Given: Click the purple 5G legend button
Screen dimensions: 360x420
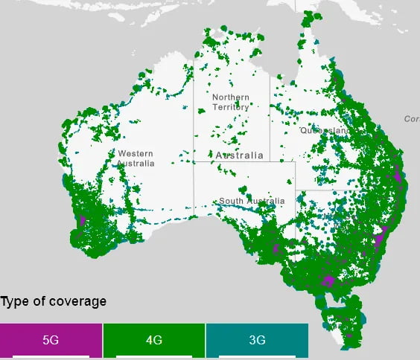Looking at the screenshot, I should coord(51,341).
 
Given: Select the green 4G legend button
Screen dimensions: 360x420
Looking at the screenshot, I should coord(154,341).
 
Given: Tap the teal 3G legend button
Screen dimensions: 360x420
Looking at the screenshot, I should coord(257,341).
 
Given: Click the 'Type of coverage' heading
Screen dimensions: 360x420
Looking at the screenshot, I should coord(54,301).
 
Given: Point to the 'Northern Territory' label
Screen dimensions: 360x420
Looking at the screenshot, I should coord(231,103).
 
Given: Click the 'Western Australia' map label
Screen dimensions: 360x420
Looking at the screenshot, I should coord(136,158).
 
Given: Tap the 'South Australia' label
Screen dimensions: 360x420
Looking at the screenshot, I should coord(251,202).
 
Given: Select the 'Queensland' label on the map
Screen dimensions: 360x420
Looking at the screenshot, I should coord(325,130).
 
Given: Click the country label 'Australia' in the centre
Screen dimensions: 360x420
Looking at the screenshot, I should coord(239,155).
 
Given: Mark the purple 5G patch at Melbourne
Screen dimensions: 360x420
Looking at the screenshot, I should coord(328,280).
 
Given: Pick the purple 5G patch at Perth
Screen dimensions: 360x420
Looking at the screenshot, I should coord(81,221).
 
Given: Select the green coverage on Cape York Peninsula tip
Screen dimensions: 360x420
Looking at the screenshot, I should coord(308,22).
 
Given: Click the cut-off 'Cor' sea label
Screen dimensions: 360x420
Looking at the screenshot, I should coord(411,119).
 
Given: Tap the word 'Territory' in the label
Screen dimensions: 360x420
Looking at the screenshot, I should coord(231,108).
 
